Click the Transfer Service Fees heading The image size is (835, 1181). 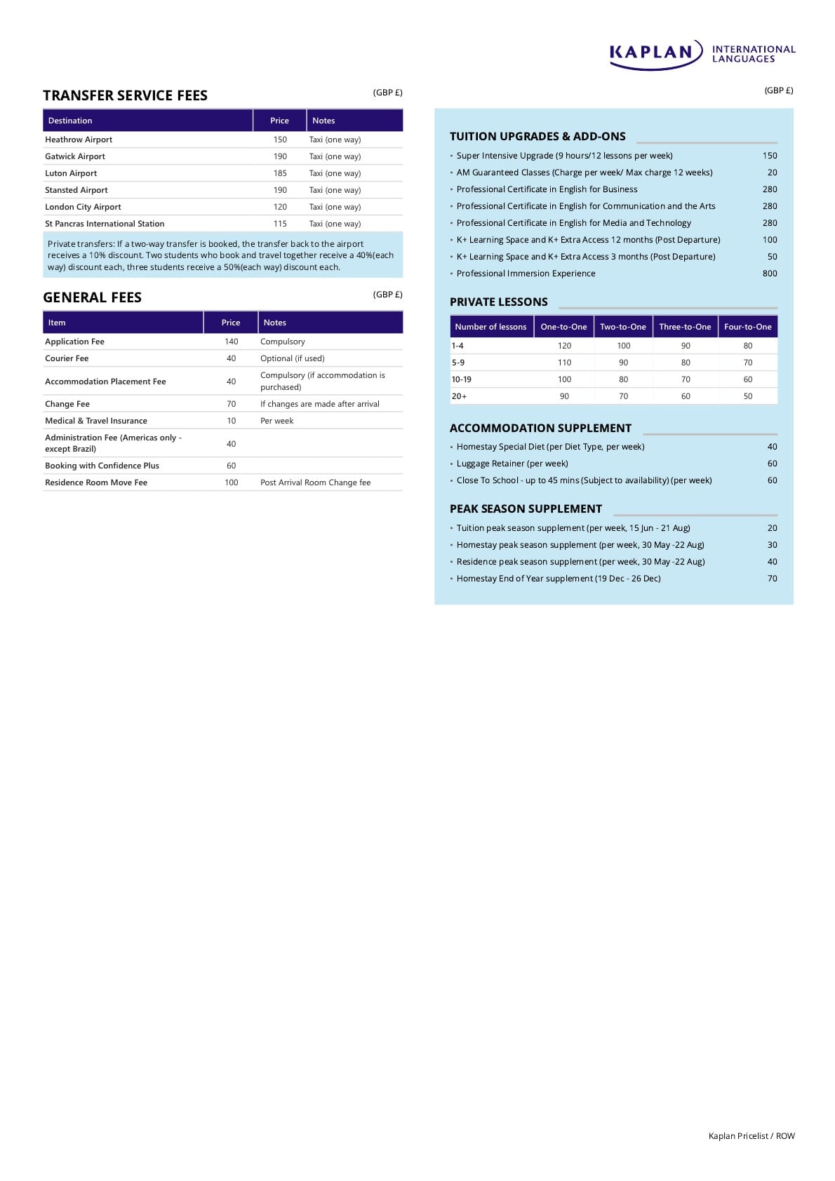125,95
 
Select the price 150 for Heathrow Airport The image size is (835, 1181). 280,140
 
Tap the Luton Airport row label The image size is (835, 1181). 71,173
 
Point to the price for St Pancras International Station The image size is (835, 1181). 280,224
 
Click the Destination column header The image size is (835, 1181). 70,121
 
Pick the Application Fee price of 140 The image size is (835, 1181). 231,342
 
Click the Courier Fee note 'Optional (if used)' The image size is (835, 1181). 292,358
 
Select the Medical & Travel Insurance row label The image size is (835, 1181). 96,421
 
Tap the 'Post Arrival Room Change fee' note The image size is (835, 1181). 315,482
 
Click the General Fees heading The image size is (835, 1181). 92,297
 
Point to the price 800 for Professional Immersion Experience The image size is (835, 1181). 770,274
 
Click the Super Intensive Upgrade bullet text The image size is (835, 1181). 564,156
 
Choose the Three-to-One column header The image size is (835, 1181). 685,327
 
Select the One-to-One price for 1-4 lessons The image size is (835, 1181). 564,346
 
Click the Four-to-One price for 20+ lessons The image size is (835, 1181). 747,396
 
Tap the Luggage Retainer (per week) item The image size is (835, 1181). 512,464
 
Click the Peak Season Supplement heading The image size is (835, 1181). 526,509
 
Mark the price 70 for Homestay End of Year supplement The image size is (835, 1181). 772,579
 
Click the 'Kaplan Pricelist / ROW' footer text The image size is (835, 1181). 751,1136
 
